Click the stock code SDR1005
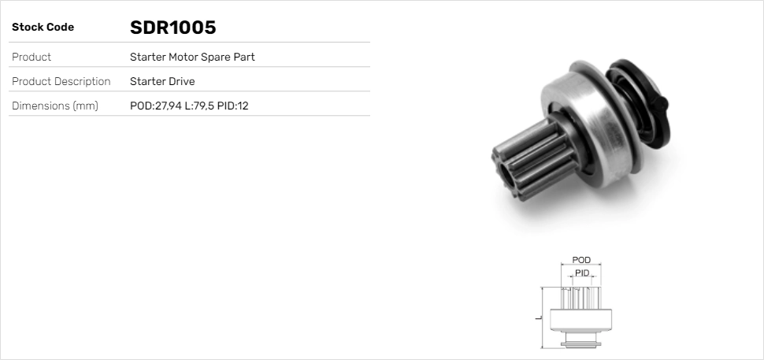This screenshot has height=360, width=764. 172,28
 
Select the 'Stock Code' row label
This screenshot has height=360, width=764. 43,28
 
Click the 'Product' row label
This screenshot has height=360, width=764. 32,58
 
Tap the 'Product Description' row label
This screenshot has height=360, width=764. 61,82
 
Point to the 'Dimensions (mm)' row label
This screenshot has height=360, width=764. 55,106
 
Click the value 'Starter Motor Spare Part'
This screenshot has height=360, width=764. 192,58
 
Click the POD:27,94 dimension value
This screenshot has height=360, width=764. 154,106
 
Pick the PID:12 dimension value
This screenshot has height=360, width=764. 233,106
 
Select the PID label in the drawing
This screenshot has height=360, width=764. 582,273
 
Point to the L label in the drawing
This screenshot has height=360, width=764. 538,317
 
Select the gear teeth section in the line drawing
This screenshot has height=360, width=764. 581,297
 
